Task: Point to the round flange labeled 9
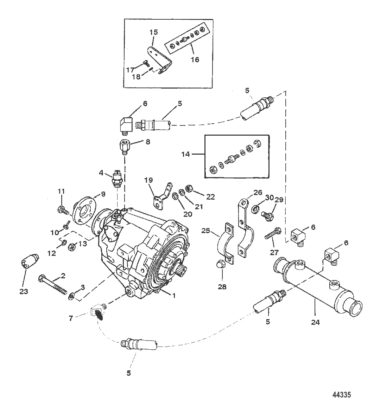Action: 82,214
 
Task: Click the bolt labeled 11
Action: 61,210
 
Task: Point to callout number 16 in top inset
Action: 195,59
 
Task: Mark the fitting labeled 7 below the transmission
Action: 98,311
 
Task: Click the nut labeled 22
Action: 188,190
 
